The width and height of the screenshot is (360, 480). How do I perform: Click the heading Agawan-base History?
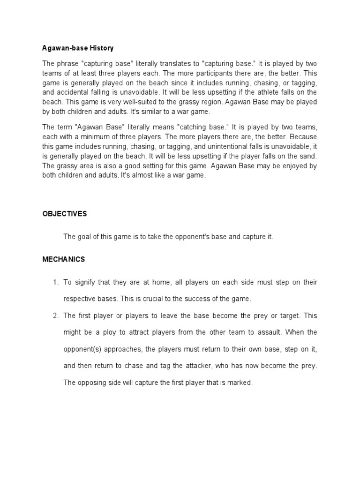78,48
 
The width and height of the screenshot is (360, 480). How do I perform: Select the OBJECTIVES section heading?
65,214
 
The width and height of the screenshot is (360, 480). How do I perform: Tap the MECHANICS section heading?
64,259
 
